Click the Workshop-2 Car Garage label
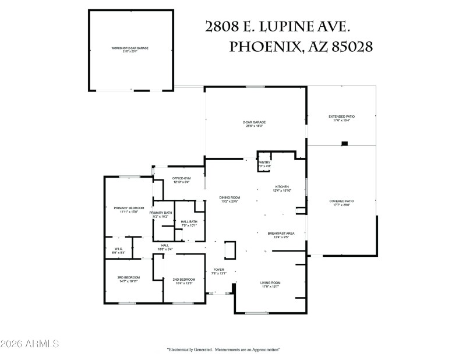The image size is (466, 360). click(131, 49)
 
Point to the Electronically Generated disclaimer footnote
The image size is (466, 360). click(224, 350)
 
